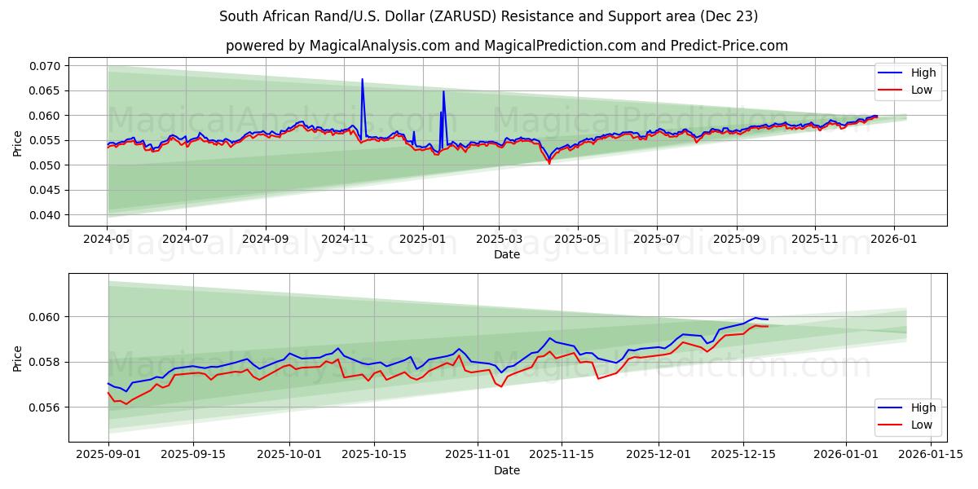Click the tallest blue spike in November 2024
pyautogui.click(x=362, y=80)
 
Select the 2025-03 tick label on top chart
pyautogui.click(x=499, y=240)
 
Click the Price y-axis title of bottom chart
pyautogui.click(x=18, y=358)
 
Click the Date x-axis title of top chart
pyautogui.click(x=507, y=254)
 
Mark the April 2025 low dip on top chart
pyautogui.click(x=548, y=163)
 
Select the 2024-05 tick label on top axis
pyautogui.click(x=107, y=240)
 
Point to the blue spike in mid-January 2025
pyautogui.click(x=443, y=91)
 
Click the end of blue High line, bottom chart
pyautogui.click(x=767, y=319)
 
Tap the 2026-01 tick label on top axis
pyautogui.click(x=894, y=240)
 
